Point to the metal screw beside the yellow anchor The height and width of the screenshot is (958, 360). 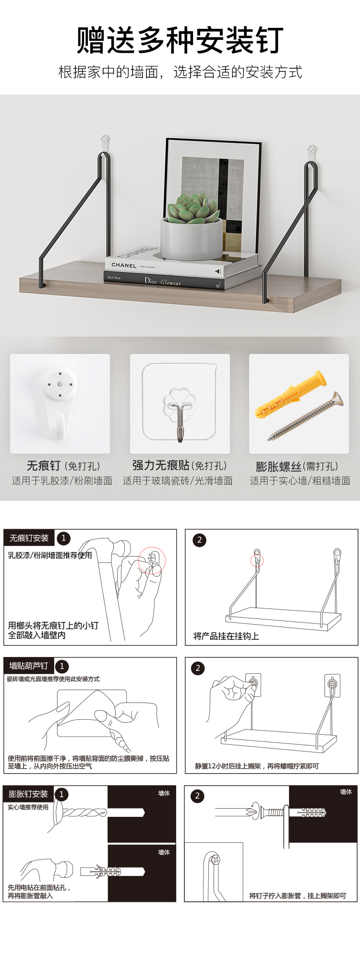coord(305,416)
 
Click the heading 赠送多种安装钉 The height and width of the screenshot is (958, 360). coord(180,40)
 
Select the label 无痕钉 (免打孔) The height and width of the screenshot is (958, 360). coord(63,466)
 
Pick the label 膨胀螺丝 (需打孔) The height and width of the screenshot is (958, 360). coord(297,466)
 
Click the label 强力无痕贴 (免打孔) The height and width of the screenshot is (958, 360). coord(179,465)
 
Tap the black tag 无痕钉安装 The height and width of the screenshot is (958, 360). coord(29,538)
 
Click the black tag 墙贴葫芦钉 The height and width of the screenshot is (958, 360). coord(29,666)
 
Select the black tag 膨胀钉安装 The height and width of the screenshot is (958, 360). coord(28,794)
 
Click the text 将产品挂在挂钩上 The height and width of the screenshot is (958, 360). coord(226,636)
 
